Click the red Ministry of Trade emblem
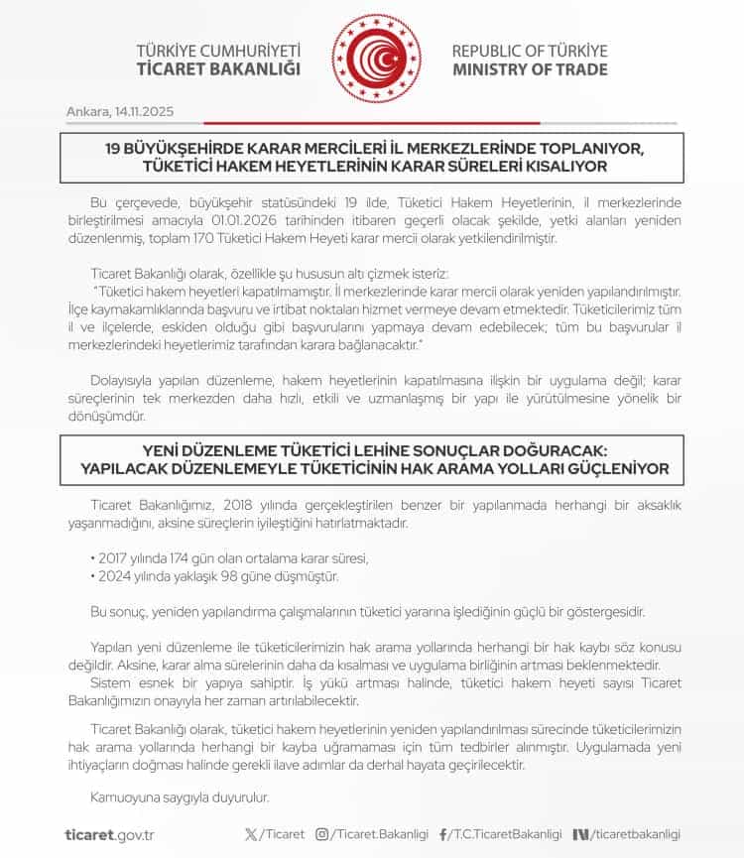[376, 59]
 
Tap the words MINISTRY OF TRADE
[530, 69]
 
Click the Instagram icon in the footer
[321, 834]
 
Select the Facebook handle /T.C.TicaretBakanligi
[506, 834]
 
